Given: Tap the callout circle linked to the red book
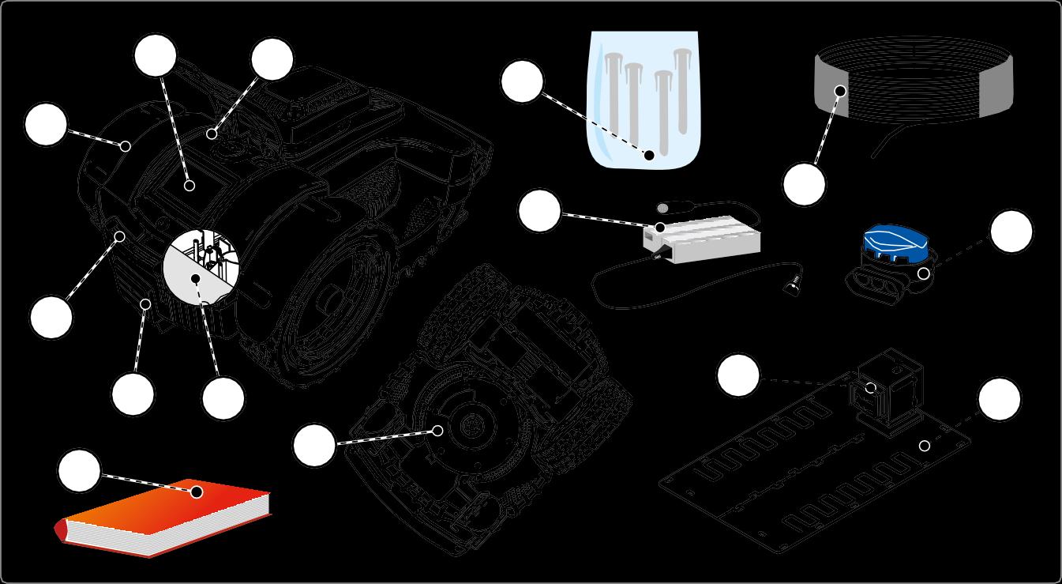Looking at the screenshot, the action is [80, 471].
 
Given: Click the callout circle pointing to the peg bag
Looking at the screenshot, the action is [523, 82].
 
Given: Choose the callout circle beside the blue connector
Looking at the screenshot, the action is [1011, 232].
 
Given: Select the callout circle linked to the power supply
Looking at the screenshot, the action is [540, 211].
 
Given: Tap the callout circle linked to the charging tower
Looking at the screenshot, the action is [738, 375].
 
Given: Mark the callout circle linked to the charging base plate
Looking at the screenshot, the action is [1000, 400].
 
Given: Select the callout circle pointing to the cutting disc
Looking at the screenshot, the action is [314, 445].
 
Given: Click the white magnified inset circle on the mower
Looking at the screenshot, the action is [201, 268].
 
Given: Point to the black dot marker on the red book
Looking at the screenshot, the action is [197, 492].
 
